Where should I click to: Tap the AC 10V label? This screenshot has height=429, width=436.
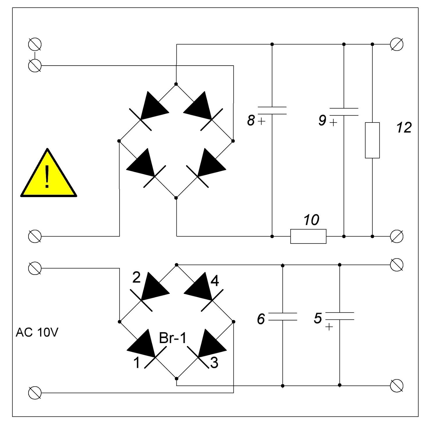pos(37,333)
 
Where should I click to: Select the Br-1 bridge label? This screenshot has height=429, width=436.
pos(173,338)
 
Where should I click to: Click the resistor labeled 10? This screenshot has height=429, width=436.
pos(308,236)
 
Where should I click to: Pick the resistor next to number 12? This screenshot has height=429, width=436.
pos(372,140)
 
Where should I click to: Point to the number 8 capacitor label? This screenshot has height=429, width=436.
pos(251,120)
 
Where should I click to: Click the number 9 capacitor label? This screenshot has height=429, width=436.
pos(322,120)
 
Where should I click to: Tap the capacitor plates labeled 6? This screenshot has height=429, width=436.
pos(283,317)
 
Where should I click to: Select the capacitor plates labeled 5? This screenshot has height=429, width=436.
pos(339,316)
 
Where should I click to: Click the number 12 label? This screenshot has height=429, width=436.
pos(404,128)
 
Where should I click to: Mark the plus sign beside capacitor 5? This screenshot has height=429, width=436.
pos(329,327)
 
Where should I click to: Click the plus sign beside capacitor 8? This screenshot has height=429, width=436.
pos(262,121)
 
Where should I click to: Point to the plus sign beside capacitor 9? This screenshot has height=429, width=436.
pos(333,122)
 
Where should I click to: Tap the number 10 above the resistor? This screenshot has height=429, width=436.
pos(311,220)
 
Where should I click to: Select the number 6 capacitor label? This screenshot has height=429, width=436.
pos(261,319)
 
